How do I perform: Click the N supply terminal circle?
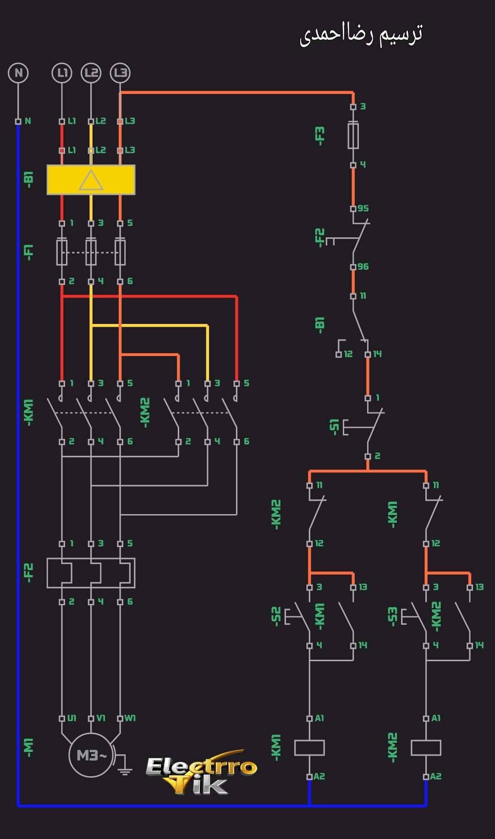(x=18, y=73)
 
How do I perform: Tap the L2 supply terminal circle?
(x=91, y=73)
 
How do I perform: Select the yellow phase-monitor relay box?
(x=91, y=180)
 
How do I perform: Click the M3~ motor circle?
(x=91, y=755)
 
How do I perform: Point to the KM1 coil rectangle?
(x=309, y=747)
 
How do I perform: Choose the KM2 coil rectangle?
(x=426, y=747)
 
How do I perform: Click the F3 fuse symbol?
(x=353, y=136)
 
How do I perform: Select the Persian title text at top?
(x=361, y=34)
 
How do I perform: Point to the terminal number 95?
(x=363, y=208)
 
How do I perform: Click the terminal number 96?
(x=363, y=267)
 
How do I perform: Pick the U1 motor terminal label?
(x=72, y=718)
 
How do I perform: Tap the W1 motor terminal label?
(x=130, y=718)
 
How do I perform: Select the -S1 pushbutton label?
(x=334, y=426)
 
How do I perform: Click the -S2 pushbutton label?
(x=276, y=616)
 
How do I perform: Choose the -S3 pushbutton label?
(x=392, y=616)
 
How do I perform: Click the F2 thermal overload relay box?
(x=91, y=573)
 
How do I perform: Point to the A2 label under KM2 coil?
(x=436, y=777)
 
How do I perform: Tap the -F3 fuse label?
(x=319, y=136)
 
